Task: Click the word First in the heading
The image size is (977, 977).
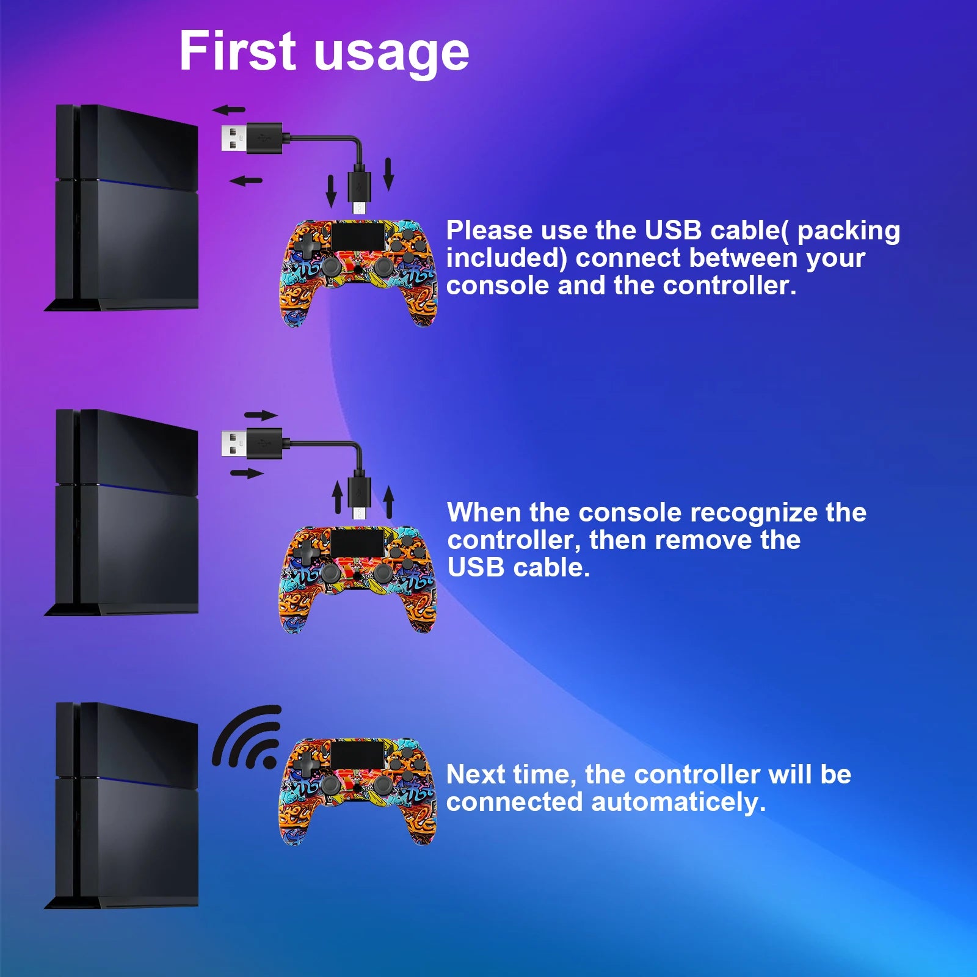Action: click(238, 51)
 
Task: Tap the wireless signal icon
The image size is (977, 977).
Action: click(247, 737)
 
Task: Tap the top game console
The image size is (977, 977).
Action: click(122, 208)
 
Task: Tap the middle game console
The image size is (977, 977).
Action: click(122, 513)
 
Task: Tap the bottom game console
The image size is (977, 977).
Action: click(122, 806)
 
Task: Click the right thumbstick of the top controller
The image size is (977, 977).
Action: click(383, 266)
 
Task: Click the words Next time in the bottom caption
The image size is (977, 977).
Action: click(511, 775)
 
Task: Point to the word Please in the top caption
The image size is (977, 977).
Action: click(490, 230)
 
